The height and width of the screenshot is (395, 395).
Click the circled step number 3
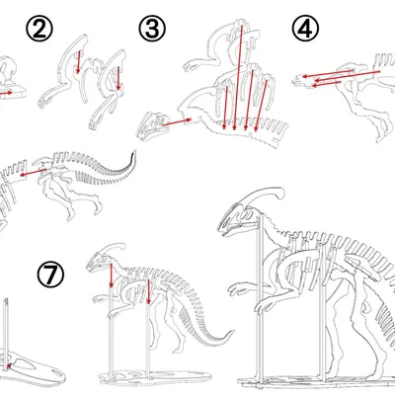click(152, 29)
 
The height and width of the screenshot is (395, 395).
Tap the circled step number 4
click(307, 29)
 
